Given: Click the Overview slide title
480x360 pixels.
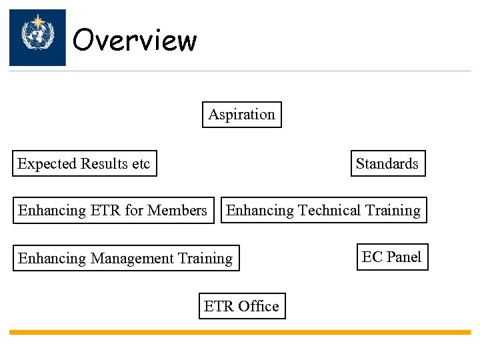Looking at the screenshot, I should [x=135, y=40].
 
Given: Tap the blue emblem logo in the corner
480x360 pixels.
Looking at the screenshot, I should [x=37, y=37].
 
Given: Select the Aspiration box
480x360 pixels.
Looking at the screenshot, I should [x=241, y=114].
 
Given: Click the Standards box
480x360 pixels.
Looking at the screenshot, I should [x=387, y=163].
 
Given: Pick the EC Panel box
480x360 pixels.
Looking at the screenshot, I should [x=391, y=257].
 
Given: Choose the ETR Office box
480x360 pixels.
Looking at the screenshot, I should [x=241, y=306].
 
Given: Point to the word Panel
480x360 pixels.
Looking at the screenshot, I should [x=405, y=257].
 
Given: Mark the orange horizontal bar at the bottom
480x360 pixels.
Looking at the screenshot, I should [x=240, y=332].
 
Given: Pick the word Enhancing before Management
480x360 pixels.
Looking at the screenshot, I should [x=48, y=259].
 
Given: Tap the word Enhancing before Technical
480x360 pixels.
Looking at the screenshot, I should [x=260, y=211].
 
